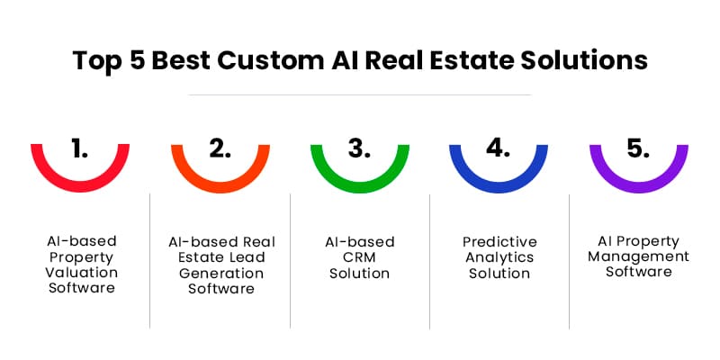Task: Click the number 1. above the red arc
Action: point(80,149)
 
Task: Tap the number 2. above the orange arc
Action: point(220,149)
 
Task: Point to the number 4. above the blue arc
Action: point(499,149)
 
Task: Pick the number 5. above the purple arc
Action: point(638,149)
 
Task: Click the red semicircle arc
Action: point(80,188)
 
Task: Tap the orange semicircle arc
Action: point(220,188)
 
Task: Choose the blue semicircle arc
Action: point(499,188)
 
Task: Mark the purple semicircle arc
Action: point(638,188)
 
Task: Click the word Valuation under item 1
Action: point(82,273)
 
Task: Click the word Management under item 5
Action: point(639,256)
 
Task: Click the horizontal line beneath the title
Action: point(360,94)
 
